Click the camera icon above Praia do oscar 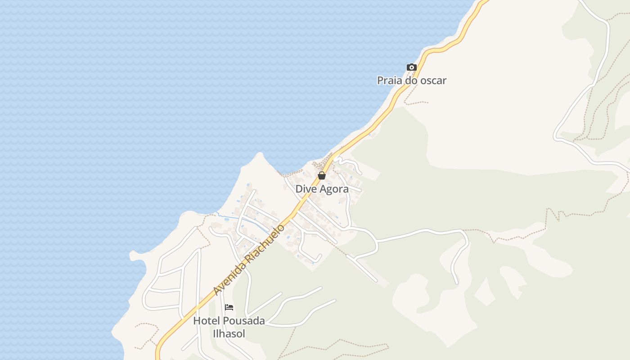(x=411, y=67)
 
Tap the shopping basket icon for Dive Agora (x=322, y=175)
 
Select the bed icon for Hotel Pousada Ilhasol (x=229, y=307)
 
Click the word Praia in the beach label (x=390, y=81)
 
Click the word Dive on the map (x=306, y=189)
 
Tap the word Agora (x=334, y=189)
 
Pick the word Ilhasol (x=229, y=334)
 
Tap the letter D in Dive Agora (x=299, y=189)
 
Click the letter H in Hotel (x=197, y=321)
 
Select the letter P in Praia (x=380, y=81)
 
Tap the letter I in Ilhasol (x=214, y=334)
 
